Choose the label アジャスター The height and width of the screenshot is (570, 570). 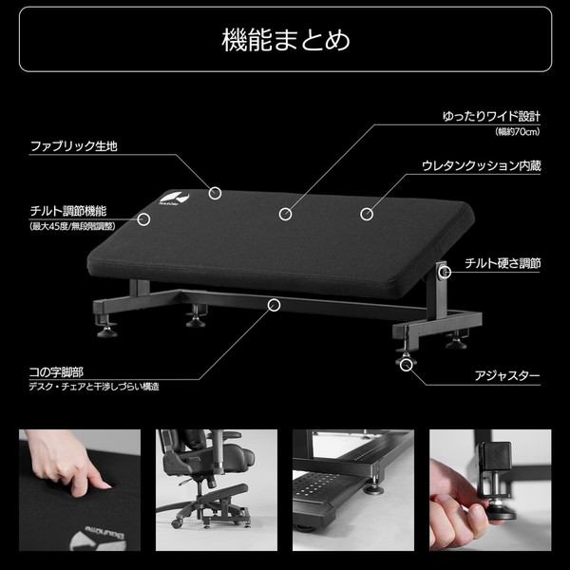click(507, 376)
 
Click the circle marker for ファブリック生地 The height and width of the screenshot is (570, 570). click(216, 193)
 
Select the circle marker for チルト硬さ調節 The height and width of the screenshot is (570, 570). click(444, 273)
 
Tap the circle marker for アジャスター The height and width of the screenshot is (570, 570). click(408, 365)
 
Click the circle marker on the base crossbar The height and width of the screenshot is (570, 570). click(275, 305)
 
